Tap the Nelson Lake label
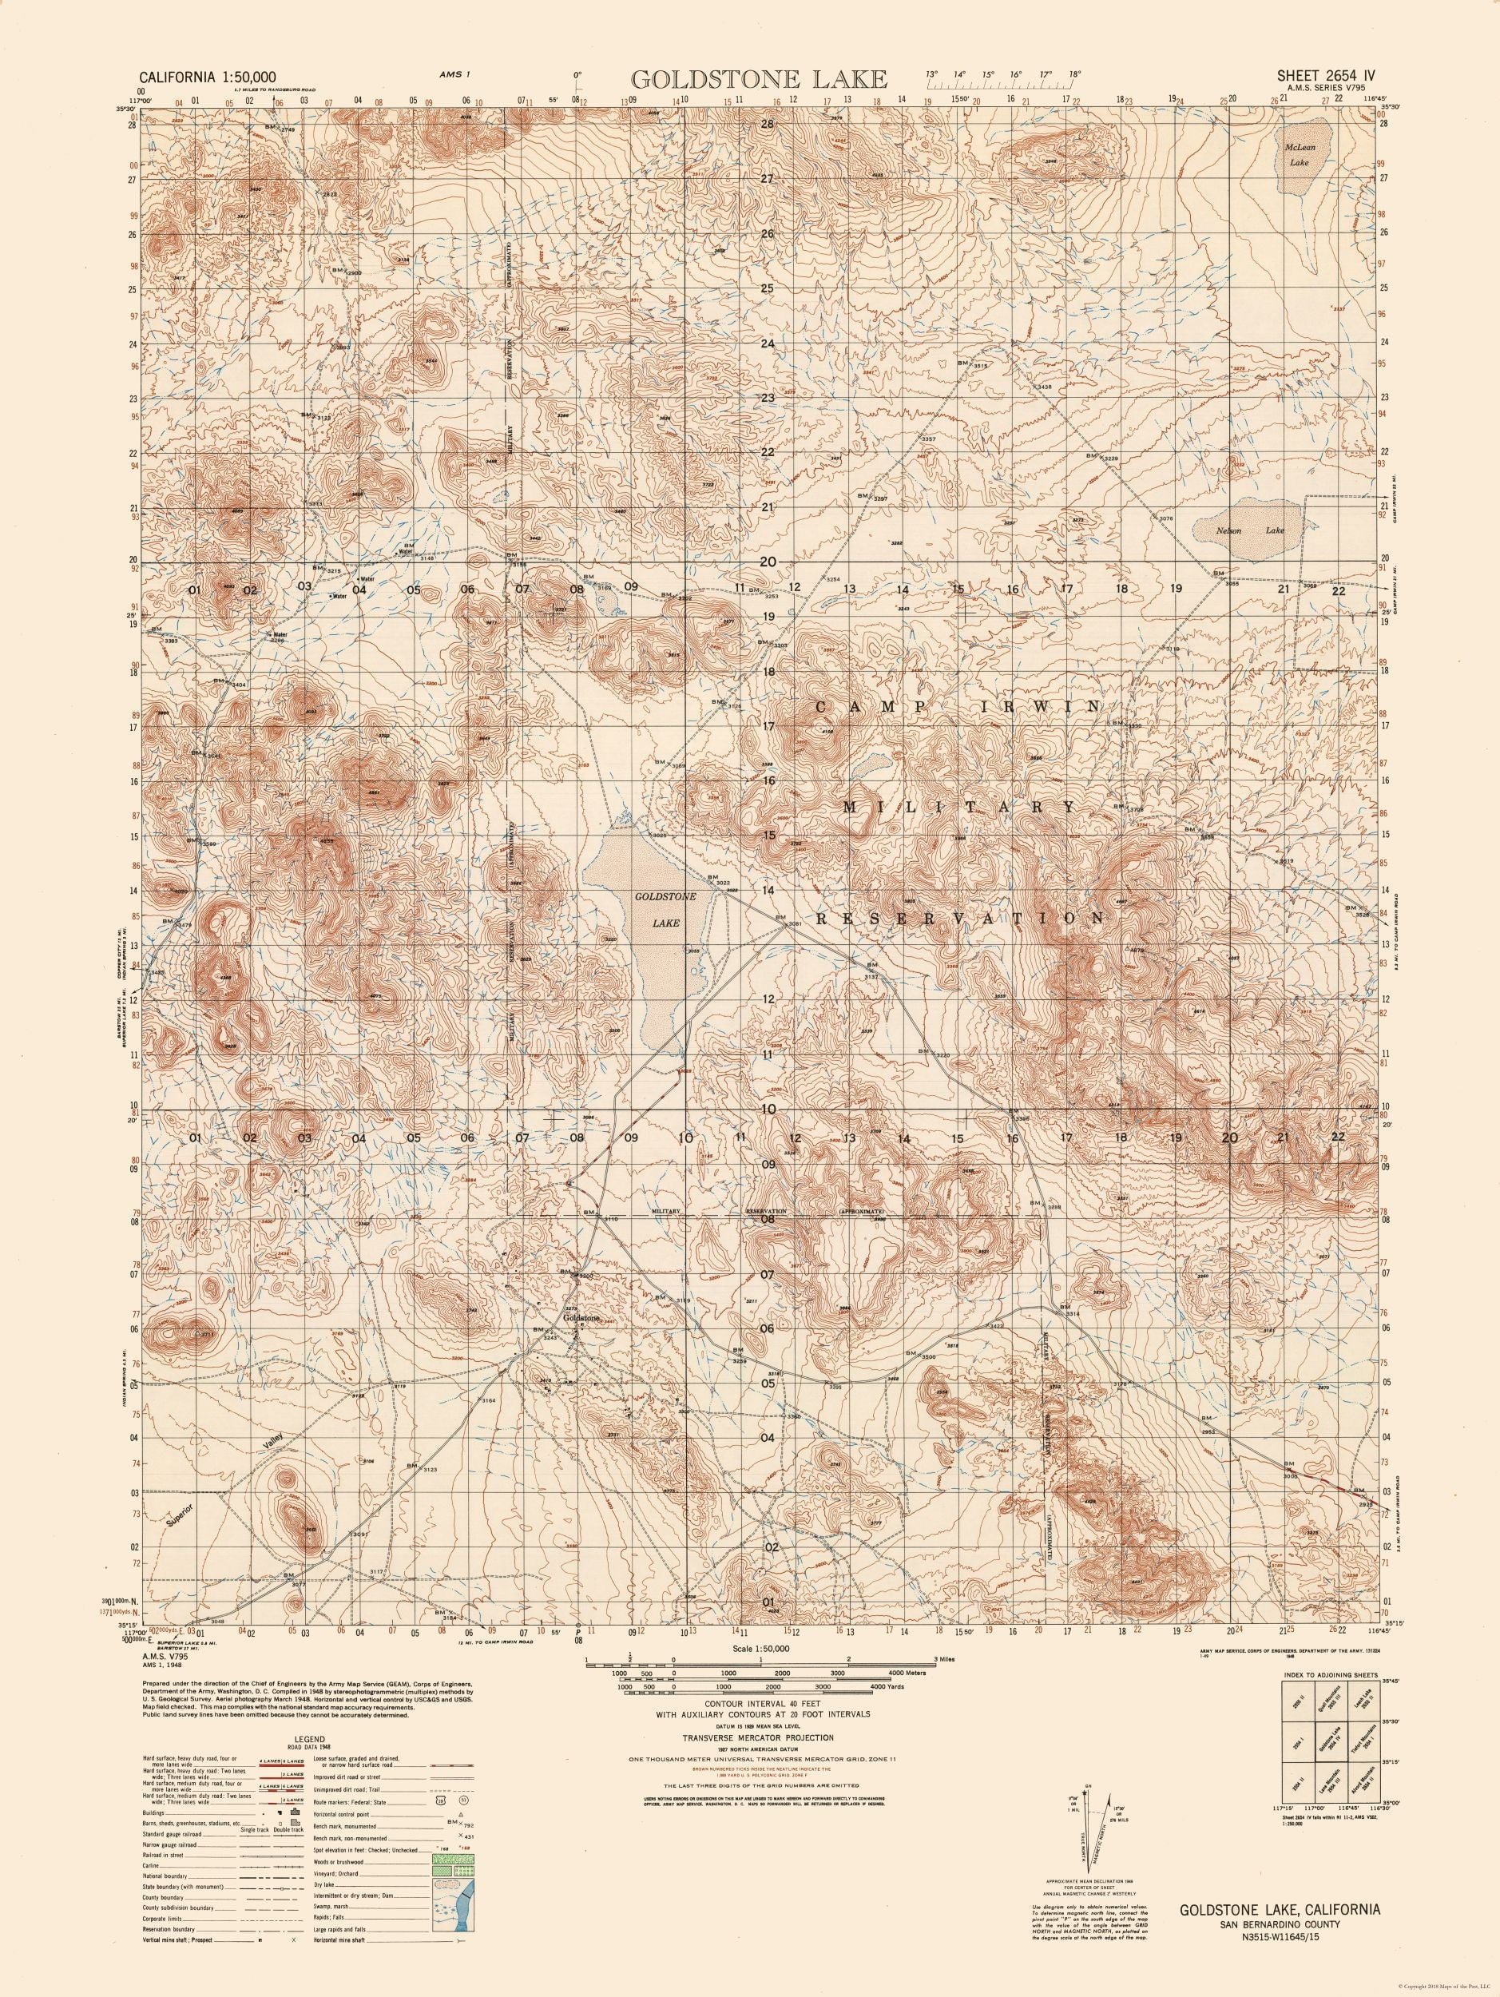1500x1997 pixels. (1248, 531)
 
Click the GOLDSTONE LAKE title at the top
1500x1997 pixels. (758, 78)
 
